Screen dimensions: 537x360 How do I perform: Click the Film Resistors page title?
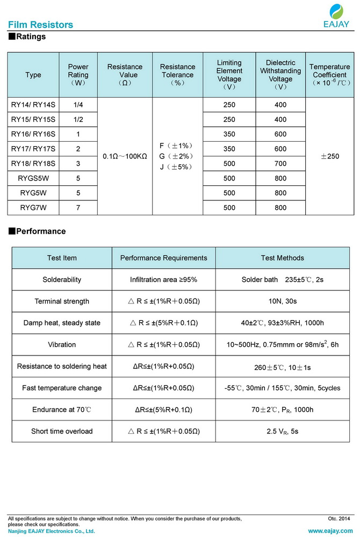(41, 25)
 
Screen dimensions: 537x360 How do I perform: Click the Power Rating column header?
(78, 75)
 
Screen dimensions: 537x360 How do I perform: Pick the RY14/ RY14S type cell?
(33, 105)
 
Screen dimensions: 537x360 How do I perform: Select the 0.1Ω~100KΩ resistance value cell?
(125, 156)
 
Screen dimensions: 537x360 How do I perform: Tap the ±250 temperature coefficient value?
(329, 156)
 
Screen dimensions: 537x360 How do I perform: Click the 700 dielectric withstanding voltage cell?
(280, 163)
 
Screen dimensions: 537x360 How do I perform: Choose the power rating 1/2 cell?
(78, 119)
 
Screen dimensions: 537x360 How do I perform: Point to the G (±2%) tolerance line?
(177, 156)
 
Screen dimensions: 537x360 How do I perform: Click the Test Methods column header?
(282, 258)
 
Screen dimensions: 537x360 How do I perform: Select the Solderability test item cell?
(62, 280)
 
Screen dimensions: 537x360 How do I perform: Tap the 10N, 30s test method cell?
(282, 301)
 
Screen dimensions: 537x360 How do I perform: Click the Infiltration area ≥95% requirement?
(163, 280)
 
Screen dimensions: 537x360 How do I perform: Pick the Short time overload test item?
(62, 431)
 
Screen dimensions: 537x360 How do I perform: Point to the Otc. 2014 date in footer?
(339, 519)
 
